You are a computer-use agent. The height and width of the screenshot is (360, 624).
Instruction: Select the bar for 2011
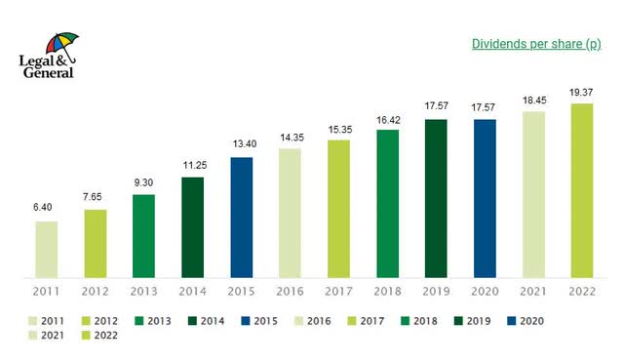pos(47,249)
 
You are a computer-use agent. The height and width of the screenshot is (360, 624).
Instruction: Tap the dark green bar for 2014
pos(193,226)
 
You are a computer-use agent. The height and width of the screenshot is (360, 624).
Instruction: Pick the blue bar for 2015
pos(242,217)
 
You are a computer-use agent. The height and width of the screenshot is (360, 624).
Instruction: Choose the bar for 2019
pos(437,198)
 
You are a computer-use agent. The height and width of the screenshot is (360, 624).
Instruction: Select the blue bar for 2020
pos(486,198)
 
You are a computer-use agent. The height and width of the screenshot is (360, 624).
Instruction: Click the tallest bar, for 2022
pos(582,189)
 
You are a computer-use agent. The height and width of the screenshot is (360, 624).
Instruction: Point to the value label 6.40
pos(47,208)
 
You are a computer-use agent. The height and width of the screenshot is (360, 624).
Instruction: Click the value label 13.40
pos(242,143)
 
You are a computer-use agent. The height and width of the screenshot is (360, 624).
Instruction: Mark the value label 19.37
pos(582,90)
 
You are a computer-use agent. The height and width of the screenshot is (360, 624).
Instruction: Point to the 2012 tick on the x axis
pos(96,291)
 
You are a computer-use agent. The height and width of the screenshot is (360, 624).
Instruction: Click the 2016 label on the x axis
pos(291,291)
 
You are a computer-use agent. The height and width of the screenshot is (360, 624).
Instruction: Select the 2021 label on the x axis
pos(533,291)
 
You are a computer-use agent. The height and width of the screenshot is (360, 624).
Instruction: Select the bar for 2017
pos(339,208)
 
